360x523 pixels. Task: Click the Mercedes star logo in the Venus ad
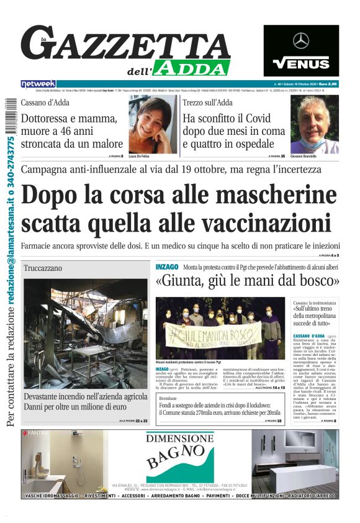[301, 41]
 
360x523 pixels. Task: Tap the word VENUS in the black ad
[301, 63]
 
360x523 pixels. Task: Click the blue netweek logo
[38, 83]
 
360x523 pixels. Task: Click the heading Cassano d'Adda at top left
[45, 103]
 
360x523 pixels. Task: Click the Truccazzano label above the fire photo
[43, 268]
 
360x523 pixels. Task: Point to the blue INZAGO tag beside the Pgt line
[167, 266]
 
